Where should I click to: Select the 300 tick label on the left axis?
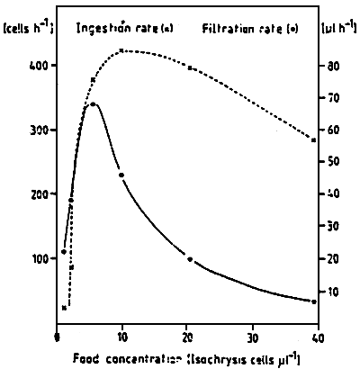click(40, 130)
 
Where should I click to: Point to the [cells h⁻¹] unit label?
click(27, 29)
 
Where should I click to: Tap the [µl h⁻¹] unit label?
click(337, 29)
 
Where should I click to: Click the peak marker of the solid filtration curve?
click(93, 105)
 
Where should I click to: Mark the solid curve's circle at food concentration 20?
click(189, 259)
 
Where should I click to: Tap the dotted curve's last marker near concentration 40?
click(313, 139)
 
